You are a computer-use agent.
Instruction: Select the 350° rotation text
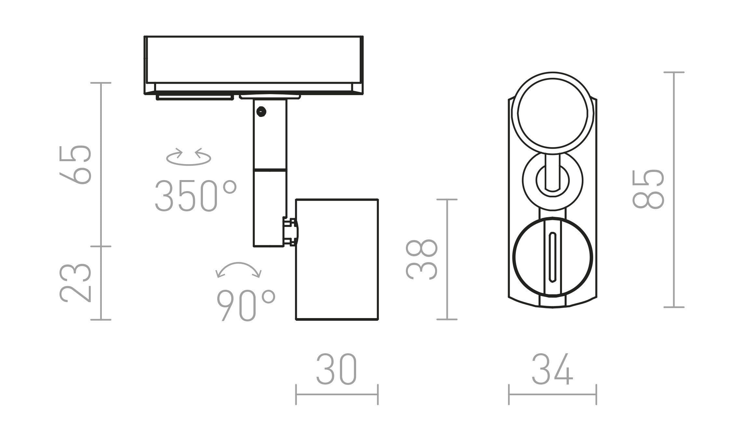click(195, 196)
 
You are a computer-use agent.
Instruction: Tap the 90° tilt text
click(246, 306)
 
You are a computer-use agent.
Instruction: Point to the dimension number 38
click(421, 260)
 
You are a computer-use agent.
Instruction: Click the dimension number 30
click(337, 370)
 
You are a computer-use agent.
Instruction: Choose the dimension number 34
click(552, 370)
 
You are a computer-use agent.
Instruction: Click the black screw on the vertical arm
click(261, 112)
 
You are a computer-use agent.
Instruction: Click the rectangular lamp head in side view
click(337, 260)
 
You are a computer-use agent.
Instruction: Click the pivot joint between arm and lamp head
click(290, 232)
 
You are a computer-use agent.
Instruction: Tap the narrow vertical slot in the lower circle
click(552, 257)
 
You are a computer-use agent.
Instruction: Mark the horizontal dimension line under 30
click(337, 395)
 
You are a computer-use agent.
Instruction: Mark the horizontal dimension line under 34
click(552, 395)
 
